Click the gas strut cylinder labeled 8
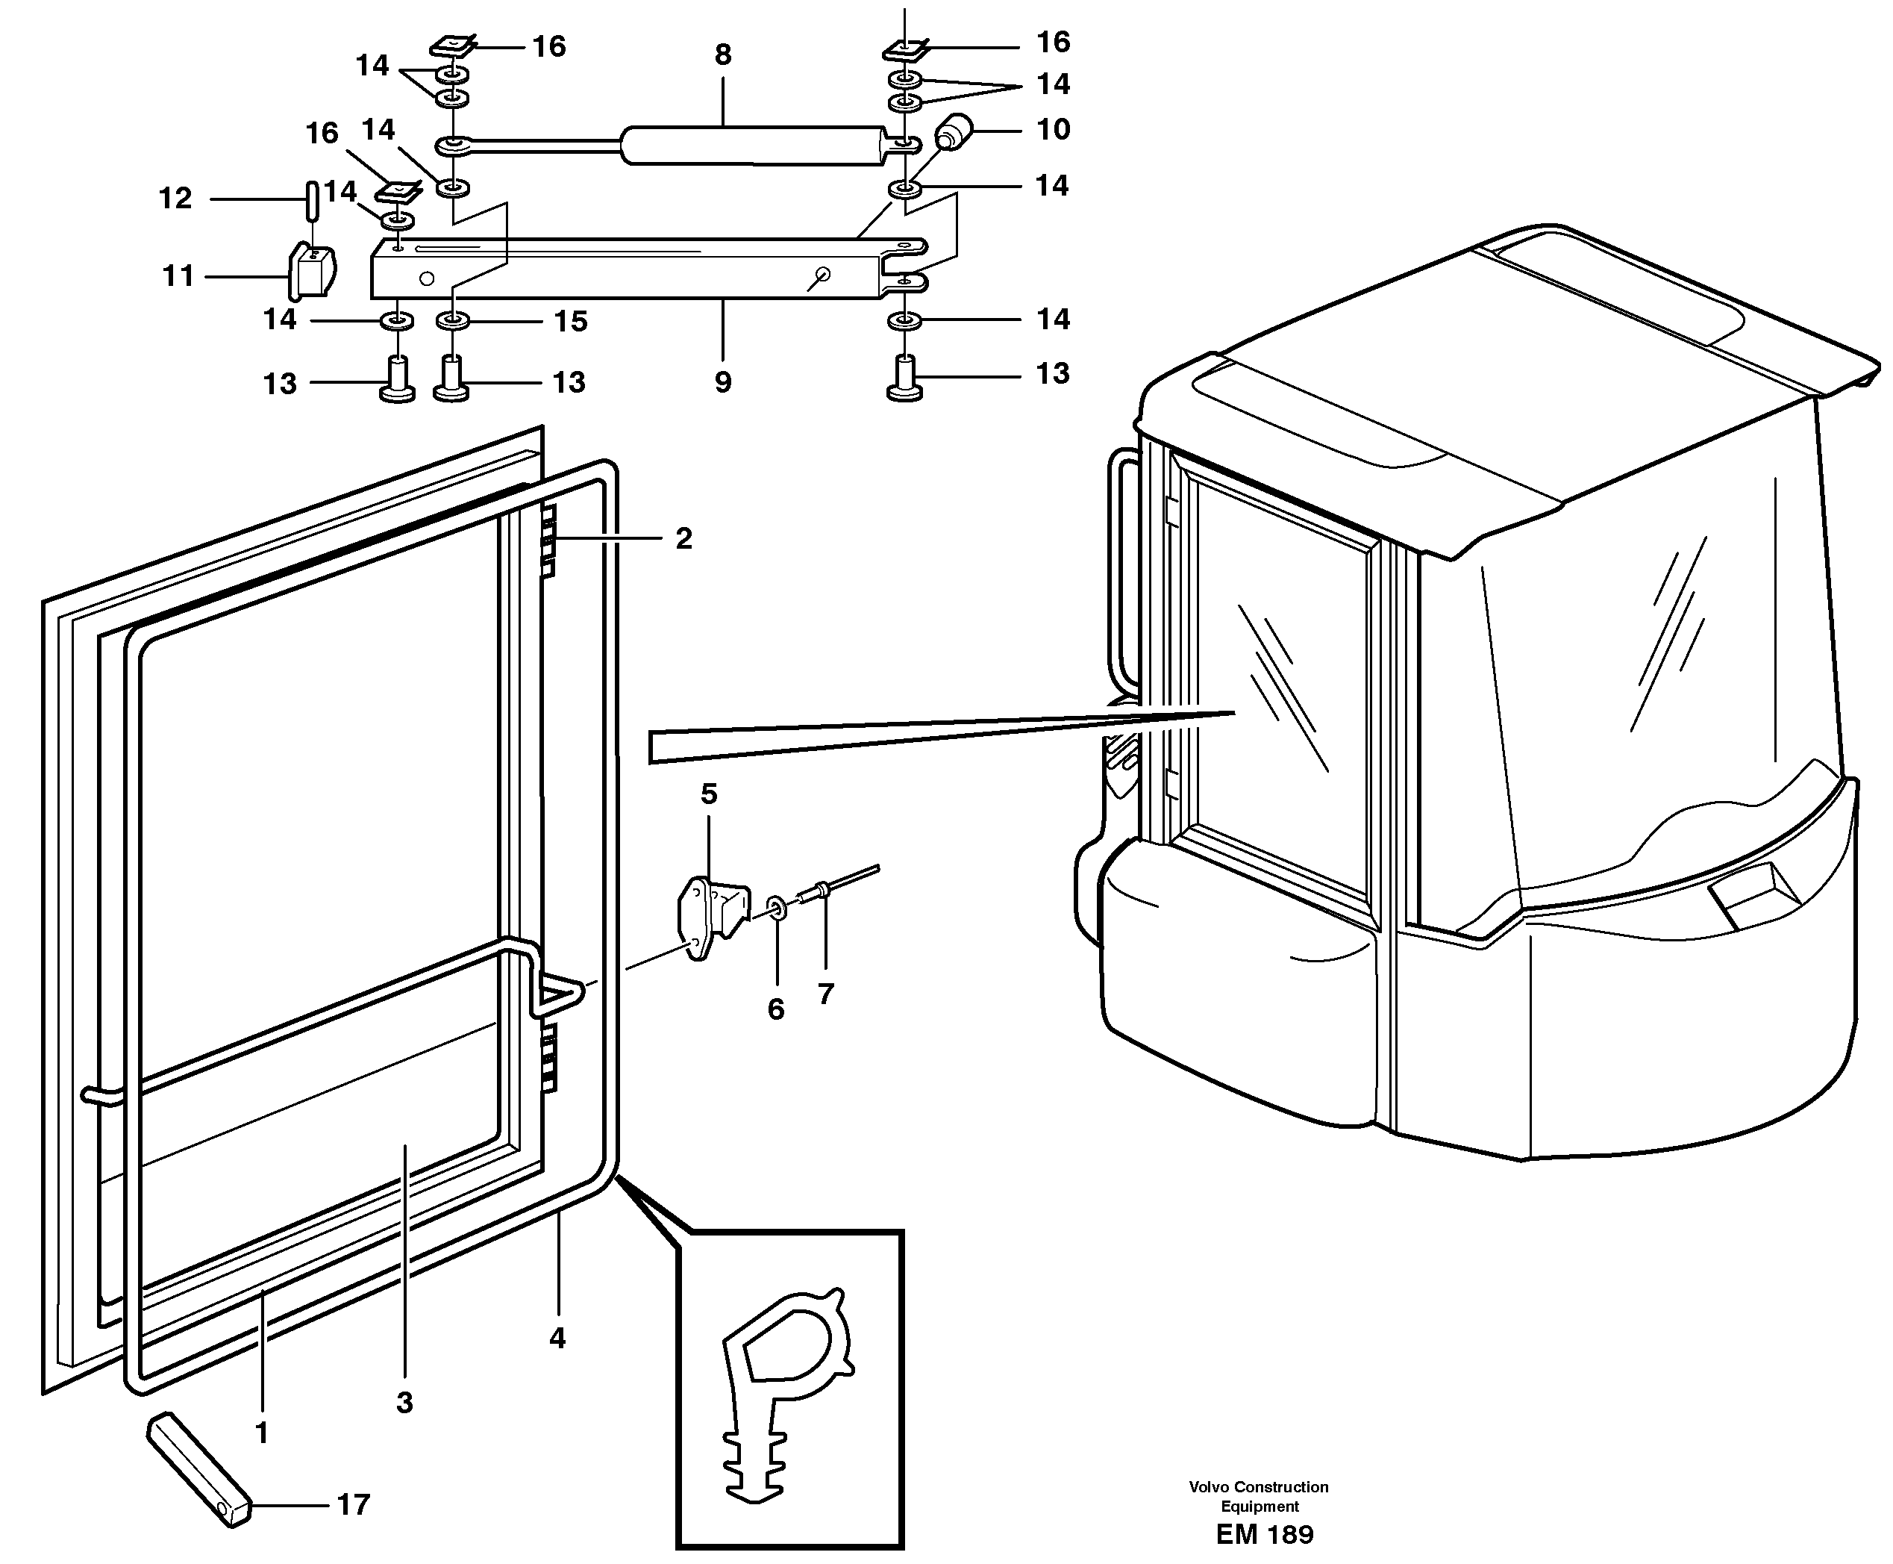click(752, 145)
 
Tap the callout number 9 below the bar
click(722, 382)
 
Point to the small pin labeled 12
click(310, 199)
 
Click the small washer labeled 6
click(776, 906)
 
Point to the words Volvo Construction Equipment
click(1258, 1495)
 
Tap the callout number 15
click(570, 321)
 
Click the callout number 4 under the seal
click(557, 1338)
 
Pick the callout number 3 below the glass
click(404, 1402)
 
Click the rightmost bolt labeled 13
click(905, 379)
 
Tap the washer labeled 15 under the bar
click(453, 321)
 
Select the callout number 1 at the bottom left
click(262, 1433)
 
